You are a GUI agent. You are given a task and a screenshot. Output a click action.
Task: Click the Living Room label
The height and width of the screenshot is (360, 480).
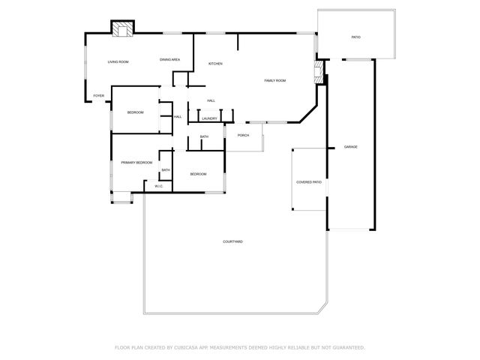118,61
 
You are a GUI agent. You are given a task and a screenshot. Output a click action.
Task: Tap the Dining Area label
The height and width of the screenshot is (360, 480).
169,59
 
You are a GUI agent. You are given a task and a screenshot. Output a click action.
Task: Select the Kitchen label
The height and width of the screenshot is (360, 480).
216,64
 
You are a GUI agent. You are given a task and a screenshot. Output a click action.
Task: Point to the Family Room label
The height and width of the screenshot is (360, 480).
275,80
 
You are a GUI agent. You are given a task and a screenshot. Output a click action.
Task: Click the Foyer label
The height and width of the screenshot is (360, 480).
98,96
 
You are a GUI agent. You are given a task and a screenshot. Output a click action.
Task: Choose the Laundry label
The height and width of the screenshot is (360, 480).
210,118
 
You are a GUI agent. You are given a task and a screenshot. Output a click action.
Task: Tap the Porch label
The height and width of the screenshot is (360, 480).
243,135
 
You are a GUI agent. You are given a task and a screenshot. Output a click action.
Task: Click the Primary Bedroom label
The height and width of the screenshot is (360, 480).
137,162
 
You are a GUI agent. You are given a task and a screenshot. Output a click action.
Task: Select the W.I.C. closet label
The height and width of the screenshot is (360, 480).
159,186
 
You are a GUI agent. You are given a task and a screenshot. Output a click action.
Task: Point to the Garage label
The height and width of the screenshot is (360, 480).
350,146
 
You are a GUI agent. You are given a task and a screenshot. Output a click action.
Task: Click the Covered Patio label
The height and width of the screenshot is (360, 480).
309,181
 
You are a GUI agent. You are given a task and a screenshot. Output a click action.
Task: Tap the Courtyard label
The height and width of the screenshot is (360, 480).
232,241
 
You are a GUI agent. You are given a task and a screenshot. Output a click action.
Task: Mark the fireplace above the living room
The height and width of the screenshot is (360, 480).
122,28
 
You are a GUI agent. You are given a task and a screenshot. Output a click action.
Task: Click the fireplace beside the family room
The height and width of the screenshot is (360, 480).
318,72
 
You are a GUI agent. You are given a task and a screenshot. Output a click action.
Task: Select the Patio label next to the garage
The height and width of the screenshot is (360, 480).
356,37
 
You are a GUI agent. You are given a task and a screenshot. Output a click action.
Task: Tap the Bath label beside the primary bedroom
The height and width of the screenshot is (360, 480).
166,170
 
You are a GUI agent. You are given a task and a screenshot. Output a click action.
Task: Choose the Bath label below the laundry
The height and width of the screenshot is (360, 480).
204,136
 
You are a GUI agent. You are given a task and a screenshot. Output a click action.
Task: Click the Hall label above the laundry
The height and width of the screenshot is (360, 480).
211,100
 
